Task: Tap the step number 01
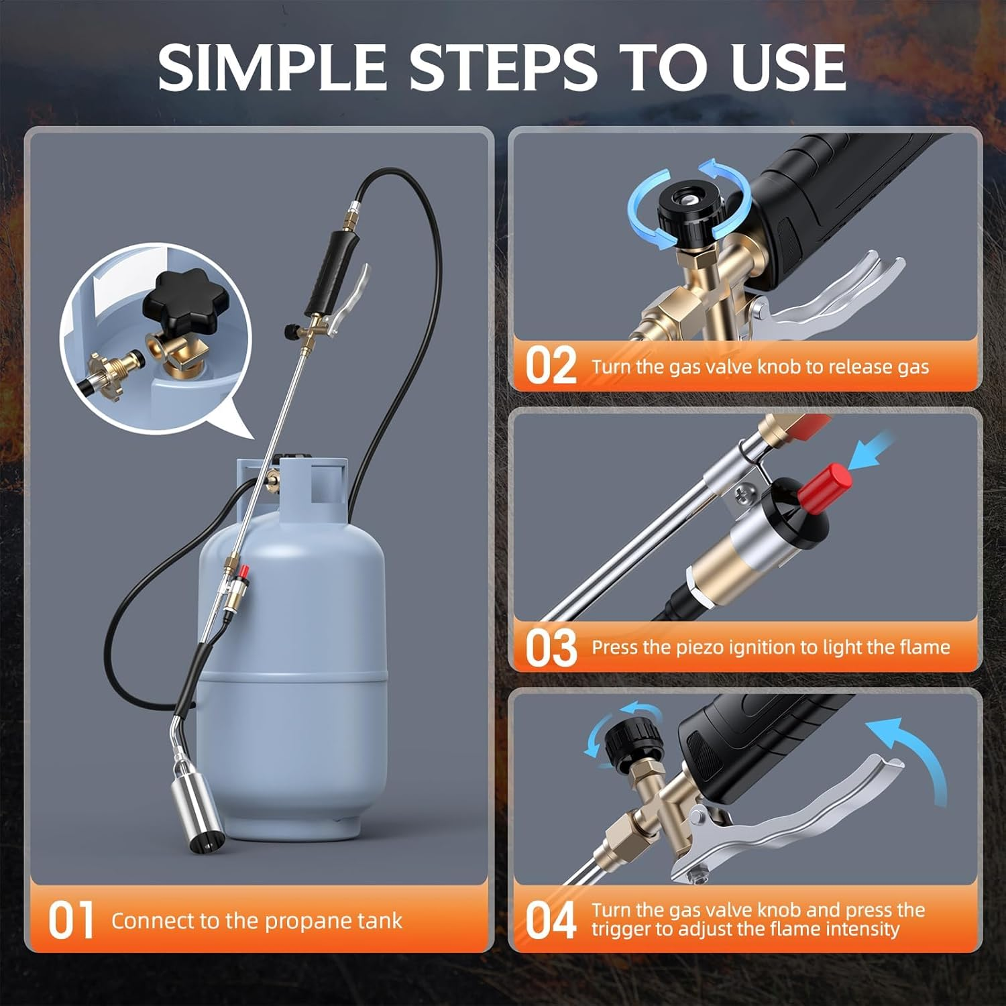70,920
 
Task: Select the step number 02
550,366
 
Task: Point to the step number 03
550,647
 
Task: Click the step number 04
550,920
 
